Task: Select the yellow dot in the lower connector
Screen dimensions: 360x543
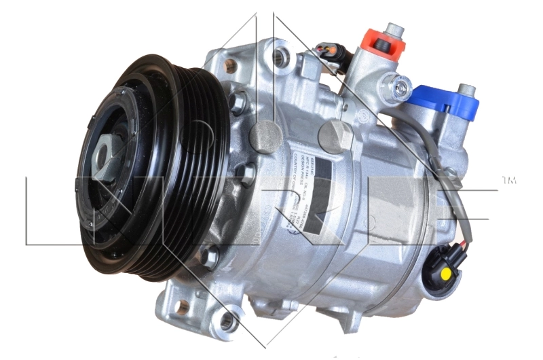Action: (x=445, y=273)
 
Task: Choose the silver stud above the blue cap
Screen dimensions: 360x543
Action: (x=466, y=90)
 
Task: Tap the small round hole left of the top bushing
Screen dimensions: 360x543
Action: (x=230, y=66)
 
